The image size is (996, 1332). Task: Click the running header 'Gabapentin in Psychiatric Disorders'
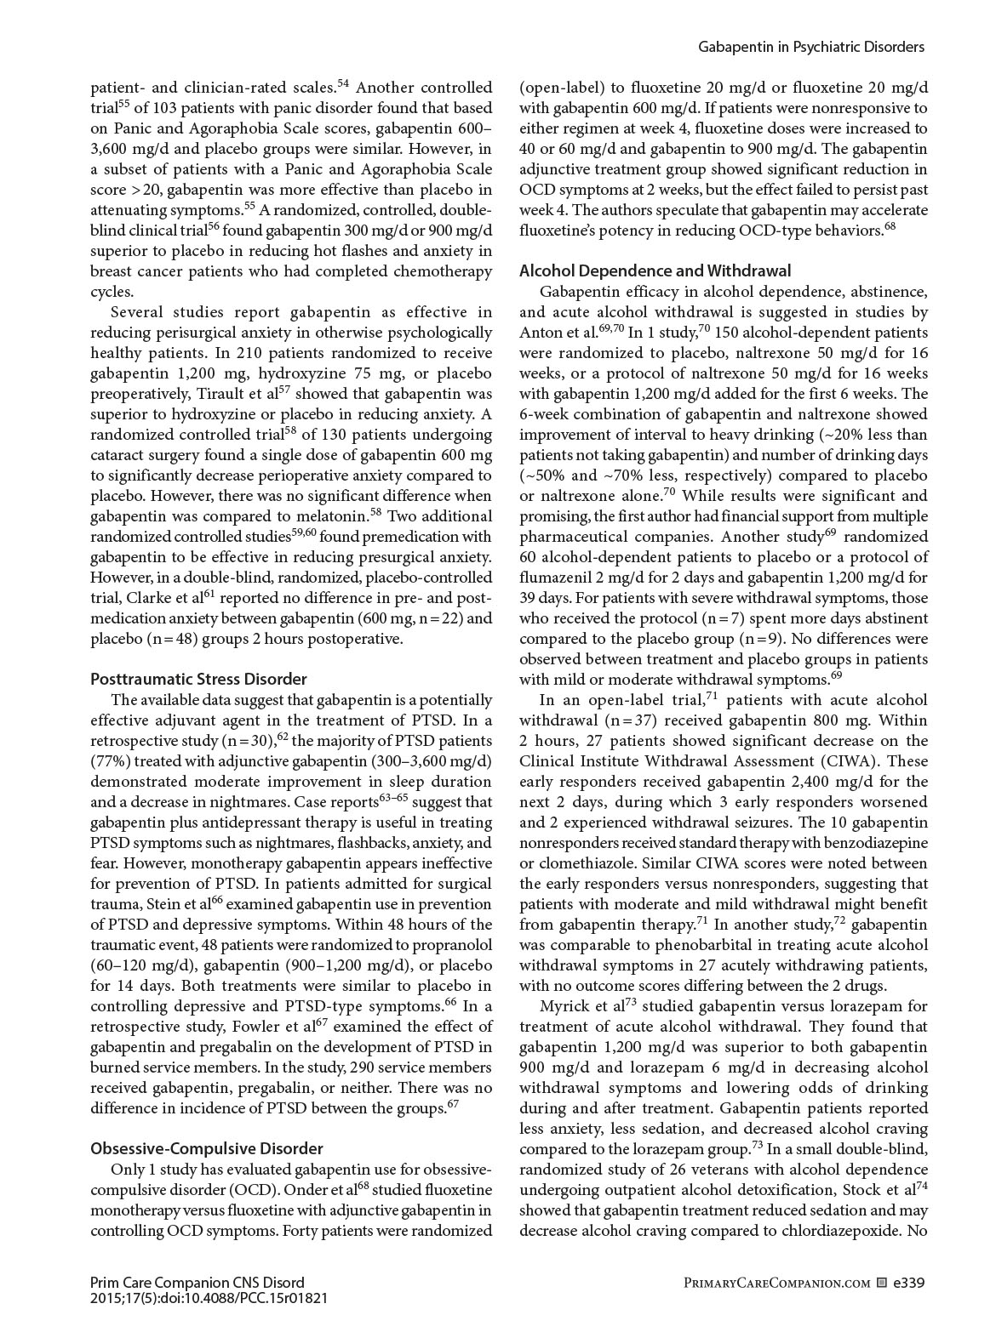(x=811, y=48)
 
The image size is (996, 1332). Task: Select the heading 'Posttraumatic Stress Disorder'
(x=198, y=679)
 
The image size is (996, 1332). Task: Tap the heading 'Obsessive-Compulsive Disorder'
(x=207, y=1148)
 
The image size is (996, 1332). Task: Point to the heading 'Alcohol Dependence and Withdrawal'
(x=655, y=270)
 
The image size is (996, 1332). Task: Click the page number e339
(x=908, y=1282)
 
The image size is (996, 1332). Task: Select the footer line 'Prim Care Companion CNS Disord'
(x=197, y=1282)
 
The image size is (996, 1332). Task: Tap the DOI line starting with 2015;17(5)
(x=209, y=1298)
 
